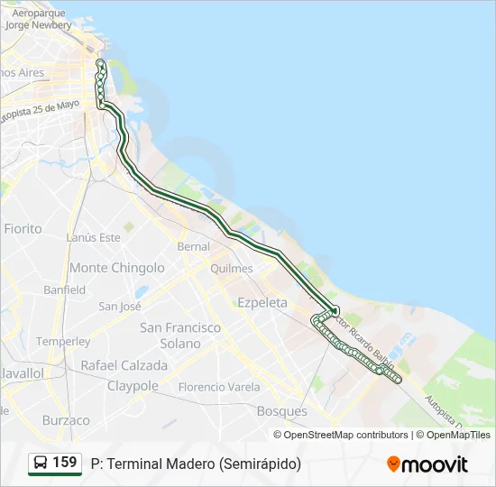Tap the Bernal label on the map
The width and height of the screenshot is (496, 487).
click(x=193, y=246)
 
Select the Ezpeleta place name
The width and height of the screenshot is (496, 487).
click(x=262, y=303)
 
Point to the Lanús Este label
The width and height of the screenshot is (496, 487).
click(x=93, y=237)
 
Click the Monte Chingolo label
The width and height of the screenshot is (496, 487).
click(x=117, y=268)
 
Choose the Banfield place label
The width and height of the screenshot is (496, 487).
click(x=65, y=290)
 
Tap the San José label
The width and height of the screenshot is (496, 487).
click(x=120, y=307)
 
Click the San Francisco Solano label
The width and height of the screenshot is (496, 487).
click(x=180, y=335)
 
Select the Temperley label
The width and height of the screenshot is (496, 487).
click(x=63, y=342)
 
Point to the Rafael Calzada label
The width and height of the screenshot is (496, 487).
click(x=124, y=366)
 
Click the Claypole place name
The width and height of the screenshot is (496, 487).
click(x=133, y=386)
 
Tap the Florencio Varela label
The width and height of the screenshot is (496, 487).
click(x=218, y=387)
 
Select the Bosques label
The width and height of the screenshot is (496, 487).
click(x=282, y=411)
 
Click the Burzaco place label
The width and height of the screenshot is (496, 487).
click(x=66, y=420)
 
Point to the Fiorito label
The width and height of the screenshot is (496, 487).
click(x=23, y=229)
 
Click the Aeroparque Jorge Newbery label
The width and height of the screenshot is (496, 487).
click(x=38, y=20)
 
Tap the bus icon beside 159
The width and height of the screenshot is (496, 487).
click(x=41, y=464)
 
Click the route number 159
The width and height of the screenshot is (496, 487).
click(x=65, y=463)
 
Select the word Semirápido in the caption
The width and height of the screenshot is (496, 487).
click(x=259, y=464)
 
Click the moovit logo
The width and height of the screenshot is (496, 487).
click(x=427, y=464)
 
